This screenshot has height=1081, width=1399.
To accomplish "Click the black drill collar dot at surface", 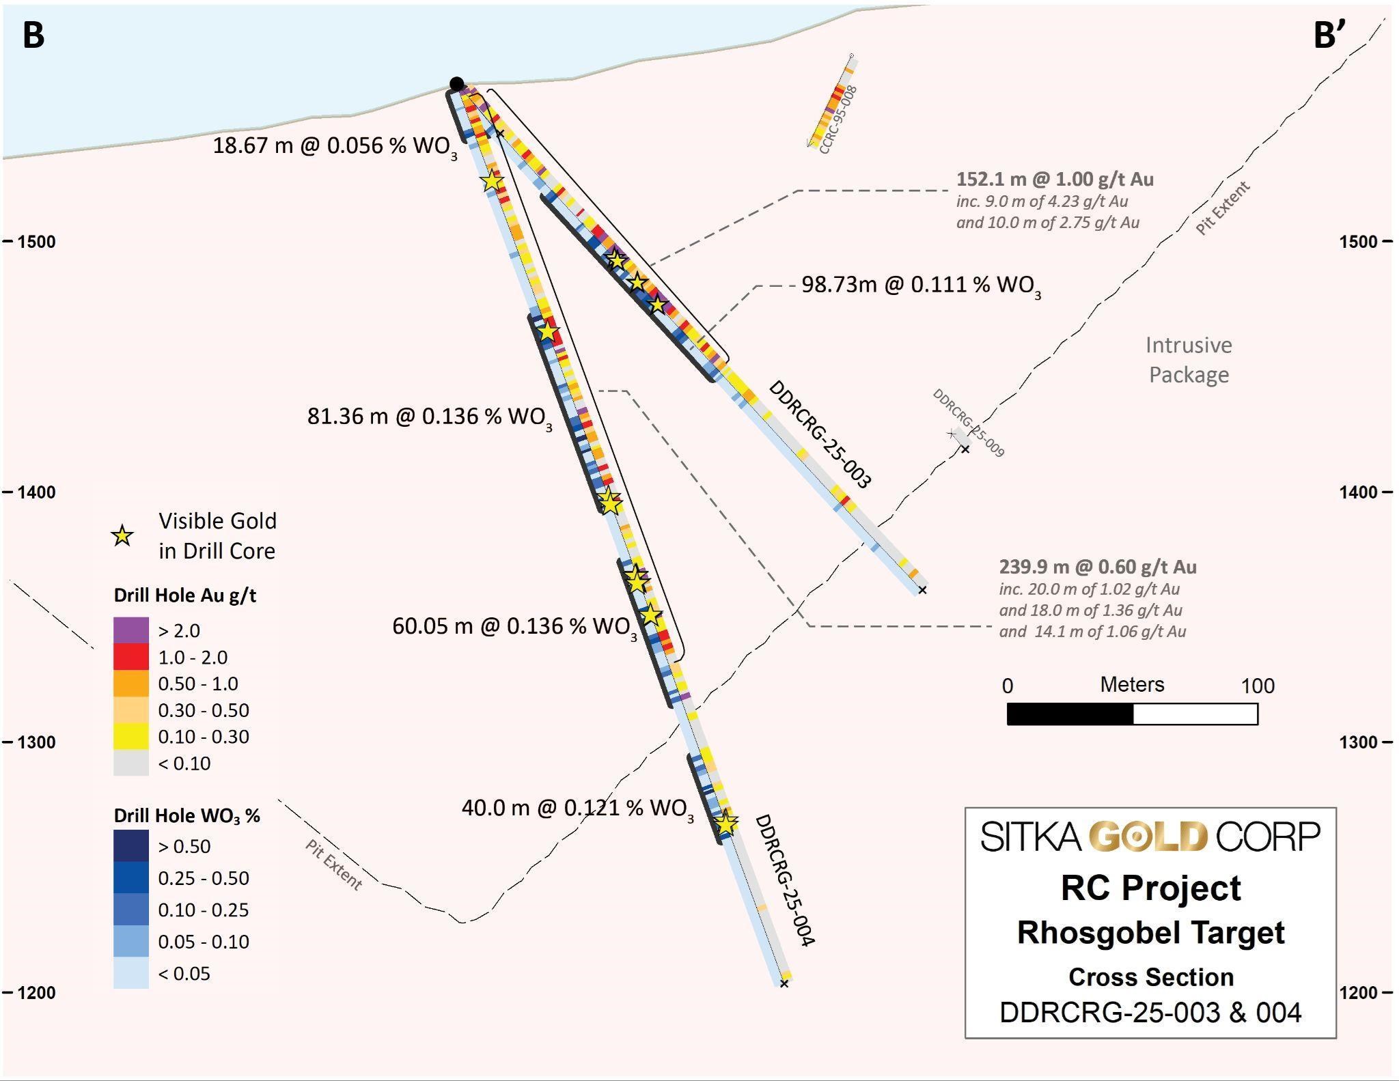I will (457, 84).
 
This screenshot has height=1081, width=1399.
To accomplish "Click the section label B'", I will (1329, 36).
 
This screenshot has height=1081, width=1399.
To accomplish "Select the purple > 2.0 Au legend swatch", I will (131, 630).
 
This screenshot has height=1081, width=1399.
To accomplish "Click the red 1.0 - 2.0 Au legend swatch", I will (131, 656).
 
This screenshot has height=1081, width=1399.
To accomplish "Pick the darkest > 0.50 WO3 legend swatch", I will (131, 845).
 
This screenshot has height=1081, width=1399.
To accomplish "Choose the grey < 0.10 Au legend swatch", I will (131, 763).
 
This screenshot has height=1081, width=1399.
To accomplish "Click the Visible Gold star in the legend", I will (122, 536).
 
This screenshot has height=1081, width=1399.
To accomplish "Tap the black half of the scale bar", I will (1070, 714).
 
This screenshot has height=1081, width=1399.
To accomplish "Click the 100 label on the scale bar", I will (1258, 686).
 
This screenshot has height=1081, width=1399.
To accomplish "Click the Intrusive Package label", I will (1189, 360).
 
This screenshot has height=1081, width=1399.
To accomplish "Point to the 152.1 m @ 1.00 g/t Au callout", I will (1055, 180).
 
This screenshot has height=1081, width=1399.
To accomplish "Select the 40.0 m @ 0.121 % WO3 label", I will (577, 809).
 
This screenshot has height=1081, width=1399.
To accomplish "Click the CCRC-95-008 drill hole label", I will (837, 120).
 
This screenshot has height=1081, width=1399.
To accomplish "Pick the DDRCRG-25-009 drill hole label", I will (968, 423).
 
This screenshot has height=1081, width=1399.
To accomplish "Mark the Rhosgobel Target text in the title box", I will (1150, 933).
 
